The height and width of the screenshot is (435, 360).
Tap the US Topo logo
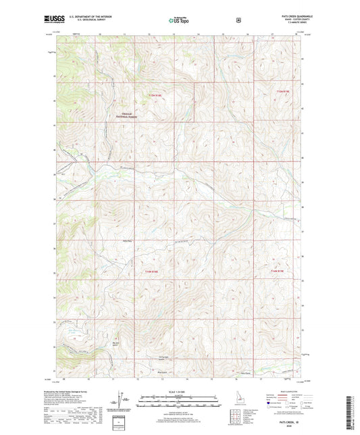point(179,21)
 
